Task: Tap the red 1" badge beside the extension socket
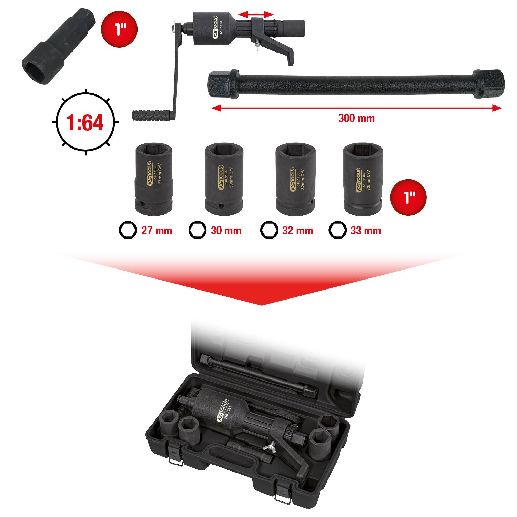click(x=119, y=29)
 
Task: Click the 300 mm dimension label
click(x=356, y=118)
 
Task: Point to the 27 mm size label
click(x=156, y=231)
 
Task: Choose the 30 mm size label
click(x=226, y=231)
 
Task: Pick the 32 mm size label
click(x=297, y=231)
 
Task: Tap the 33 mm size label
click(x=366, y=231)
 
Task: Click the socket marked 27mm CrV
click(x=153, y=179)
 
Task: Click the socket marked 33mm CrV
click(x=362, y=179)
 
